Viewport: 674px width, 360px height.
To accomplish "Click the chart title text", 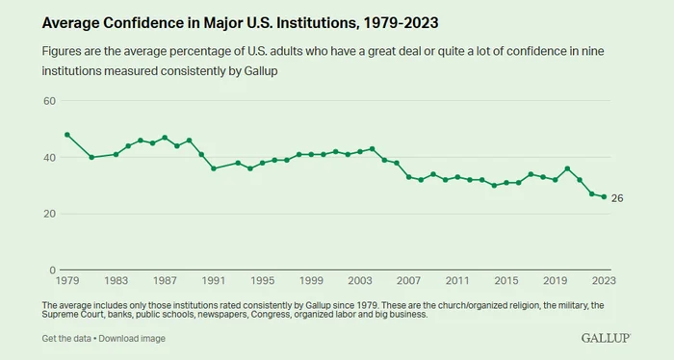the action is point(240,23).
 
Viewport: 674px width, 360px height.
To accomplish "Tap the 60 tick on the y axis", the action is point(49,101).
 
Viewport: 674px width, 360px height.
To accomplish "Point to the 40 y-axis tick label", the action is point(49,158).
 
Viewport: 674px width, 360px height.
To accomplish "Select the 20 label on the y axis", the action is point(49,214).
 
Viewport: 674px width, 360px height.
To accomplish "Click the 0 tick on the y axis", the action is point(52,270).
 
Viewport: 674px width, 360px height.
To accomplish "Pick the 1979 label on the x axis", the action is point(67,280).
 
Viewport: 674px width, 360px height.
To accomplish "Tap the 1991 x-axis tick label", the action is point(214,280).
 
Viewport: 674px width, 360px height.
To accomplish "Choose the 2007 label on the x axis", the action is point(409,280).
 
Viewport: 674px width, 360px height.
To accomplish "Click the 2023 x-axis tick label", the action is point(604,280).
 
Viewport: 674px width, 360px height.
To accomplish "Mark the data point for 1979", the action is point(67,135).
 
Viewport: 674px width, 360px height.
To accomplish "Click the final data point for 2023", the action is point(604,196).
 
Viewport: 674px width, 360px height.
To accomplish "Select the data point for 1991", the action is point(214,168).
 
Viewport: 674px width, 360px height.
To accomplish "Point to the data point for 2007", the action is point(409,177).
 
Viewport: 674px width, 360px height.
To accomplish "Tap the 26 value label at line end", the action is point(617,198).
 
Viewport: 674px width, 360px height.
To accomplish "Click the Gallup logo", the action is point(606,338).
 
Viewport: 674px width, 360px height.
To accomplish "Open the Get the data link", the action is point(66,339).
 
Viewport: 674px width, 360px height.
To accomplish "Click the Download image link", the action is point(132,339).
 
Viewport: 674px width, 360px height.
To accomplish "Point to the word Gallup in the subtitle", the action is point(261,71).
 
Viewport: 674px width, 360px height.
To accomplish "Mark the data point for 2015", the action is point(506,183).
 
